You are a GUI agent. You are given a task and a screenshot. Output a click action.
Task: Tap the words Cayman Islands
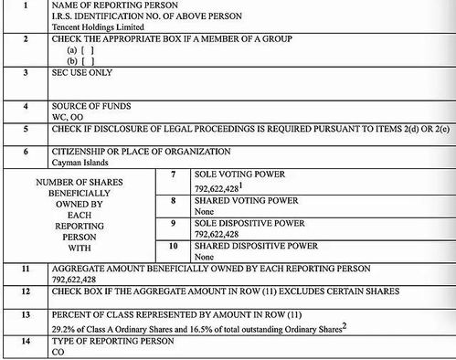(x=80, y=162)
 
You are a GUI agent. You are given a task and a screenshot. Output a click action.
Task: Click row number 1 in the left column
(x=25, y=5)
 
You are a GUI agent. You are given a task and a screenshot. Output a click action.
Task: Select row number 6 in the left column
(x=25, y=151)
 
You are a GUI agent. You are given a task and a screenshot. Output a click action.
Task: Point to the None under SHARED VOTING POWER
(x=206, y=211)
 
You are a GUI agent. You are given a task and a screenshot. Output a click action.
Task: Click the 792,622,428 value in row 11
(x=83, y=279)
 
